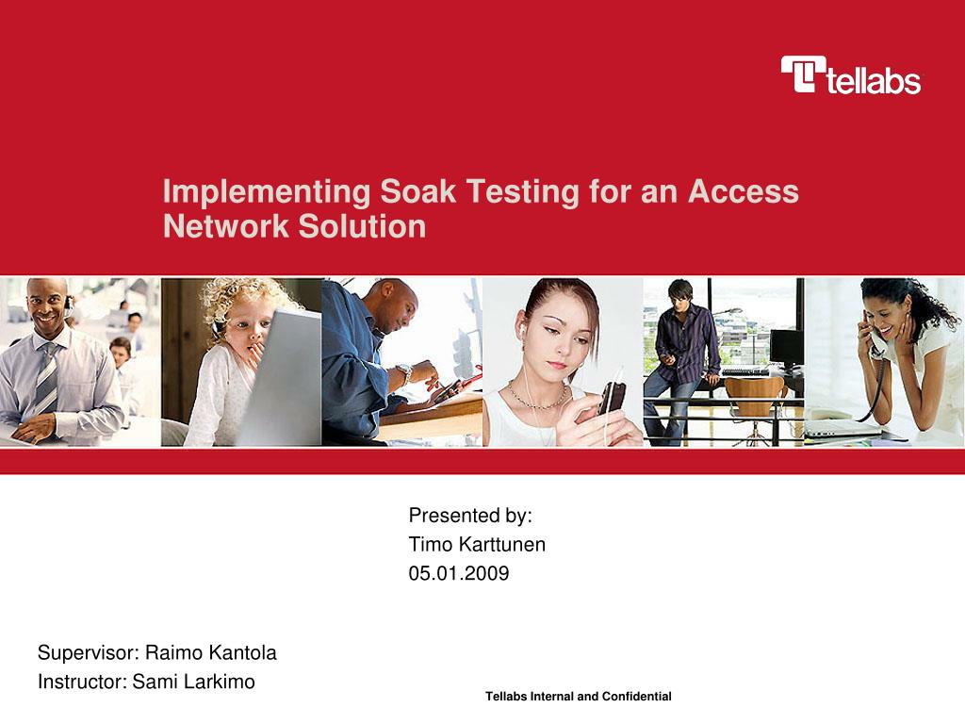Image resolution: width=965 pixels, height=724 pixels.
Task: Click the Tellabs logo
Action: coord(850,75)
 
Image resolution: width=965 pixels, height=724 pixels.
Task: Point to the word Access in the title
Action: coord(744,192)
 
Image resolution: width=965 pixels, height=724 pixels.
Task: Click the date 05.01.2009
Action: coord(458,573)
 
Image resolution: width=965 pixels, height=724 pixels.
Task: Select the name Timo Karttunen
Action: coord(477,545)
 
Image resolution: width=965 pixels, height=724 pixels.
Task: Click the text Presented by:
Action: coord(470,516)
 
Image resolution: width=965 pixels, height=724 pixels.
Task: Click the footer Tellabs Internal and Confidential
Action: coord(578,697)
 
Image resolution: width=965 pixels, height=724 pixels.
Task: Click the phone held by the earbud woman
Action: coord(612,396)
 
